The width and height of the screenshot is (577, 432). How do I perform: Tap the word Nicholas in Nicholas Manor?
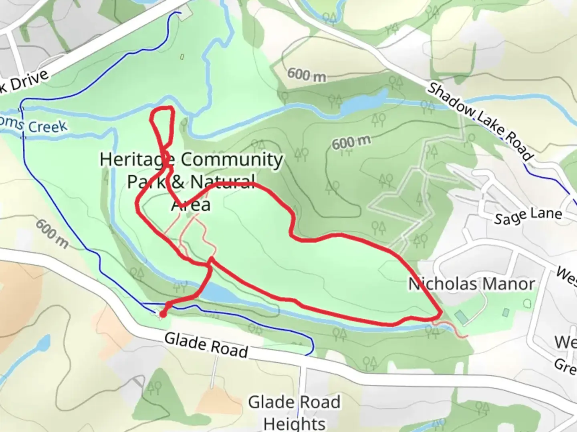[x=437, y=284]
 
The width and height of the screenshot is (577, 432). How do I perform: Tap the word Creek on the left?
[x=47, y=127]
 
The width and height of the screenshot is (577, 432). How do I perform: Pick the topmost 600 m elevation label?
[x=307, y=75]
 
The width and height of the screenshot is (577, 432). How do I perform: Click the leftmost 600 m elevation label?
[x=51, y=233]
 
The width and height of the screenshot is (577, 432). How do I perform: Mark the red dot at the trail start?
[x=163, y=314]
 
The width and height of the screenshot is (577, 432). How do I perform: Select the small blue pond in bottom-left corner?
[x=43, y=343]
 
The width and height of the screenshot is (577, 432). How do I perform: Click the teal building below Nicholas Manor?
[x=461, y=317]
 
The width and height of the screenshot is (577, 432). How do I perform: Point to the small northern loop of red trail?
[x=163, y=124]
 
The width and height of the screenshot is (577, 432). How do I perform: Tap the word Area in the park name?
[x=191, y=205]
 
